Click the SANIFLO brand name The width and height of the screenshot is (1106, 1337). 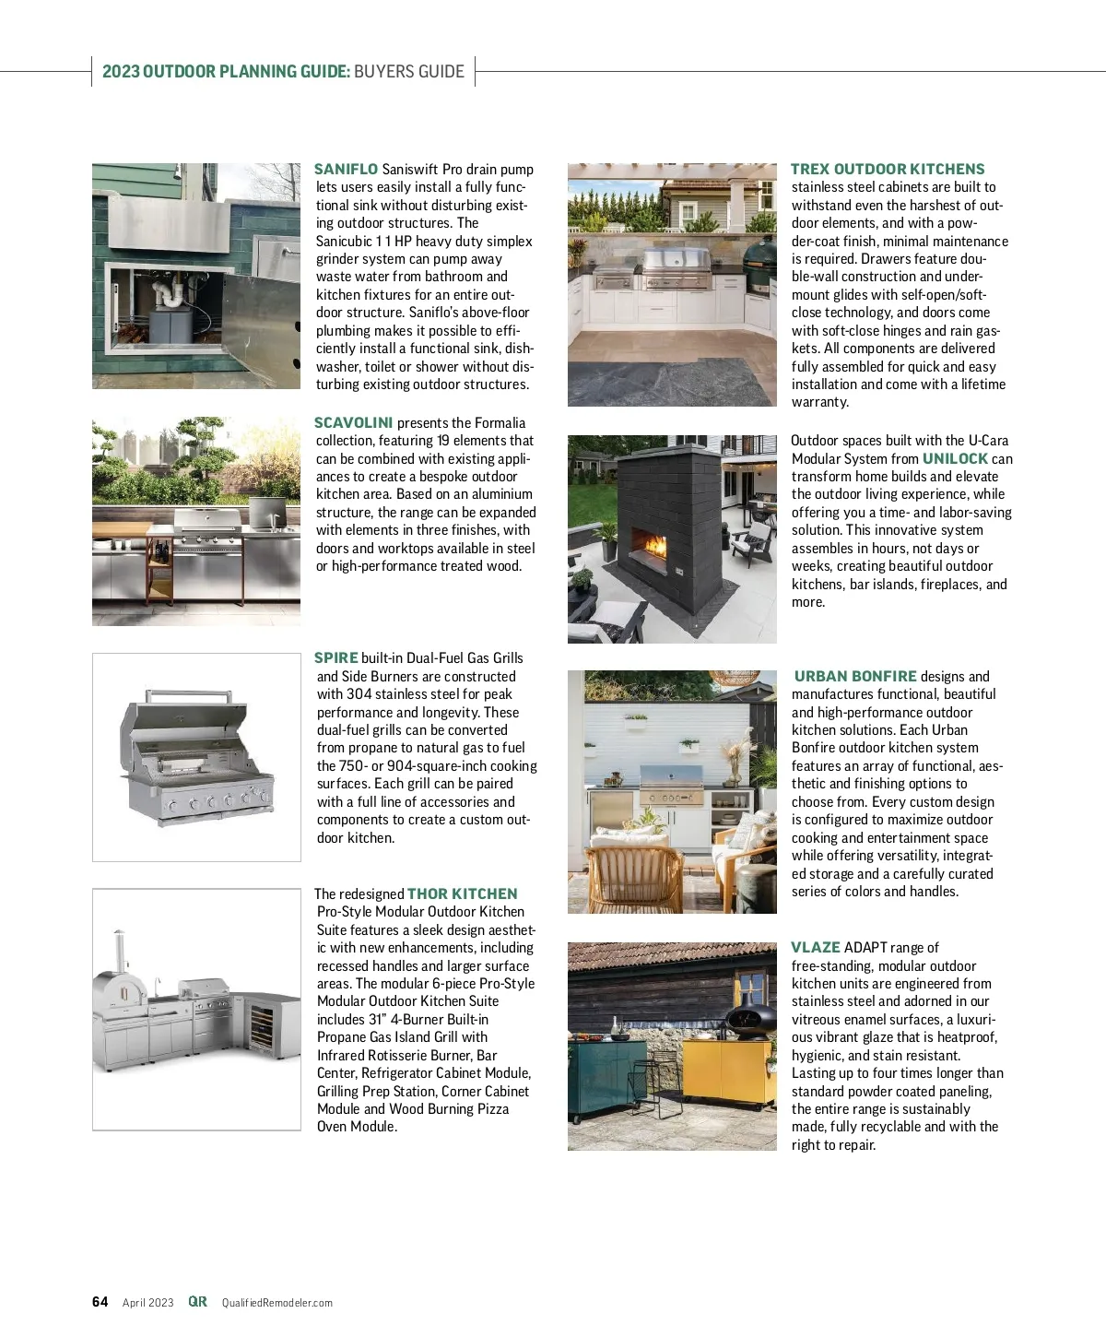346,170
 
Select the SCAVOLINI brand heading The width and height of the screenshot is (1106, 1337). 353,423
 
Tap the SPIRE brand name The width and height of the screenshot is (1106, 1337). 335,658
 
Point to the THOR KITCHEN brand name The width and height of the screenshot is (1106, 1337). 462,894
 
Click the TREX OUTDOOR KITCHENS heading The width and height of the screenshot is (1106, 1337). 888,170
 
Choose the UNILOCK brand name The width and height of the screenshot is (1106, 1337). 955,459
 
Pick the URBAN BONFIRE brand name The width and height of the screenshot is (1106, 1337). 855,677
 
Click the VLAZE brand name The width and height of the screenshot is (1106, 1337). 816,948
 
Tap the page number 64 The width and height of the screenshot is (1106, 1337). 100,1302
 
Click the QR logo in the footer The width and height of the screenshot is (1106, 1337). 197,1302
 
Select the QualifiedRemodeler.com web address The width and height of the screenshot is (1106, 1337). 276,1303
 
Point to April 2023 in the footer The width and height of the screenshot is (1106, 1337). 147,1303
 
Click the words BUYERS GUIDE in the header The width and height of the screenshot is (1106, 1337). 409,72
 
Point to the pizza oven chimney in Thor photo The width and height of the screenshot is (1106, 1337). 118,949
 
